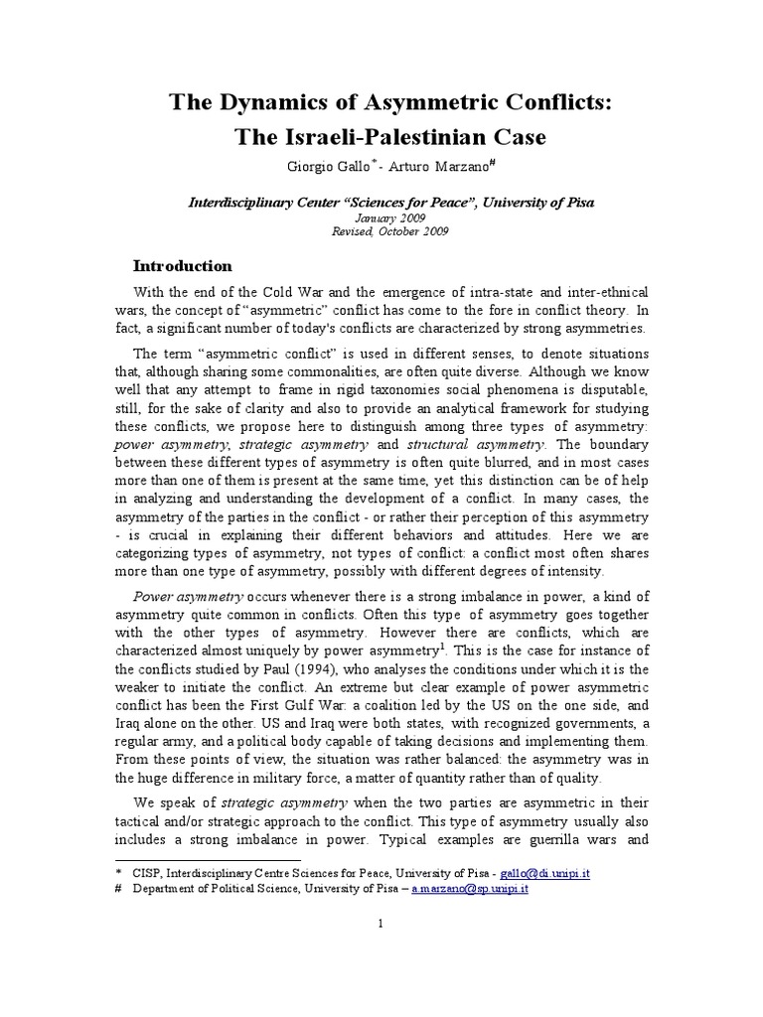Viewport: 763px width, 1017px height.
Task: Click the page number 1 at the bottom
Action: click(380, 924)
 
